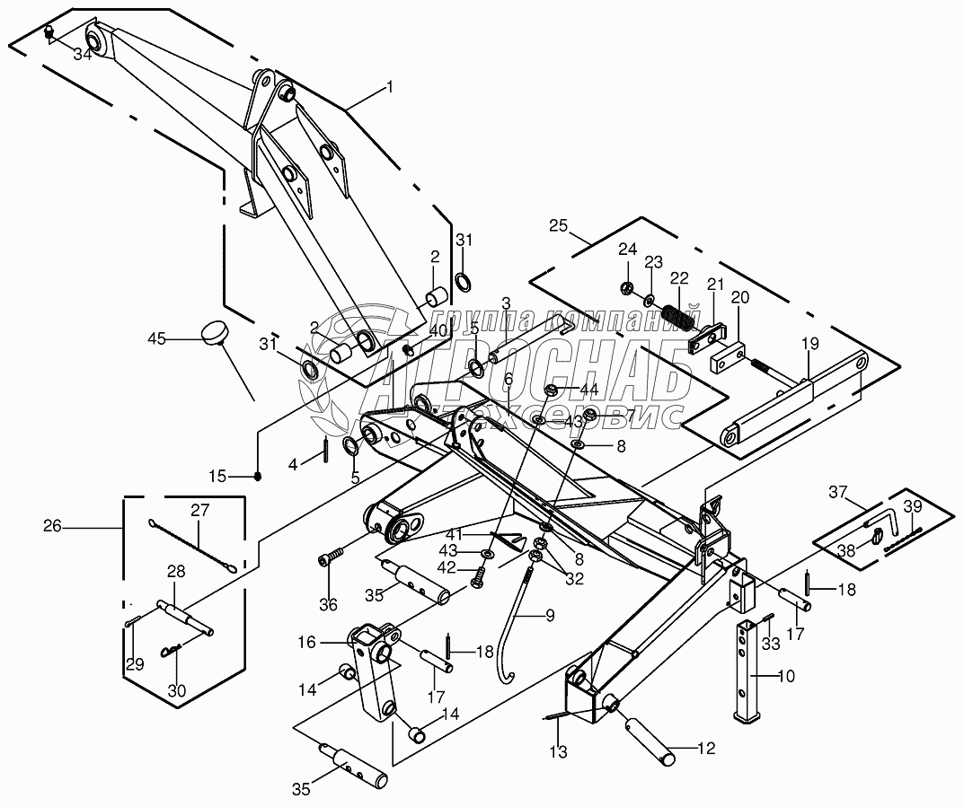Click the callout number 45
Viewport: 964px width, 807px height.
point(157,338)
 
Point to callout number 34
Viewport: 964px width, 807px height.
point(83,55)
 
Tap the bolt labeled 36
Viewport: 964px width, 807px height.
point(330,559)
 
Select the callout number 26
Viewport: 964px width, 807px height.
point(52,527)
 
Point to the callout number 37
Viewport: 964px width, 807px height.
point(838,492)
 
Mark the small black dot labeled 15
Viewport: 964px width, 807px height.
point(259,476)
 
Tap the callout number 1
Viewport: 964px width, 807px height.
point(389,87)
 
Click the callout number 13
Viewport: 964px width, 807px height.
point(561,752)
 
